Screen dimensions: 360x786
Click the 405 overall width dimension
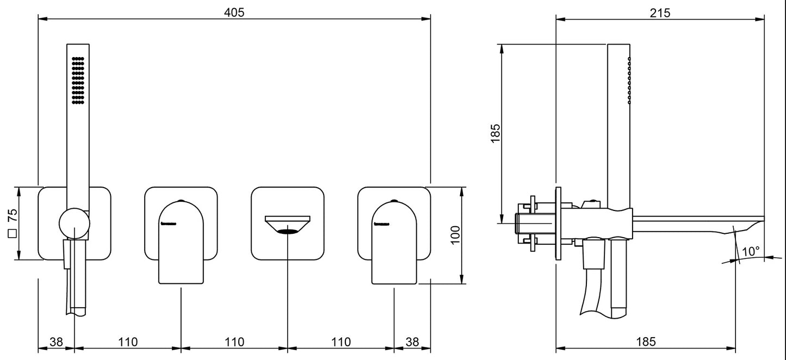tap(234, 11)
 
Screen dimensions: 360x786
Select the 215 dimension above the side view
tap(660, 12)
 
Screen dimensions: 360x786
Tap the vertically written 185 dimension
tap(495, 133)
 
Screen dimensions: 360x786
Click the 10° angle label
tap(751, 252)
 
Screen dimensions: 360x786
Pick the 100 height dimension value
tap(456, 235)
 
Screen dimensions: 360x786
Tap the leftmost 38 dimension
tap(56, 342)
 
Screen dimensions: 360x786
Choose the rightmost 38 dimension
tap(412, 342)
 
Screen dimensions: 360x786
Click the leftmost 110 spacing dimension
tap(127, 342)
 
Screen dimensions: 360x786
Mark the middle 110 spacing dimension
tap(234, 342)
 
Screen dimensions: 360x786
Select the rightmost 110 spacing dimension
tap(341, 342)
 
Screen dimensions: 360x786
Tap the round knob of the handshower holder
tap(73, 224)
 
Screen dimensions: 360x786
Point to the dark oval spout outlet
tap(287, 232)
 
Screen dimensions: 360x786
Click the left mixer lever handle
tap(181, 242)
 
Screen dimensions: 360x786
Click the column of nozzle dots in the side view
tap(629, 80)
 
